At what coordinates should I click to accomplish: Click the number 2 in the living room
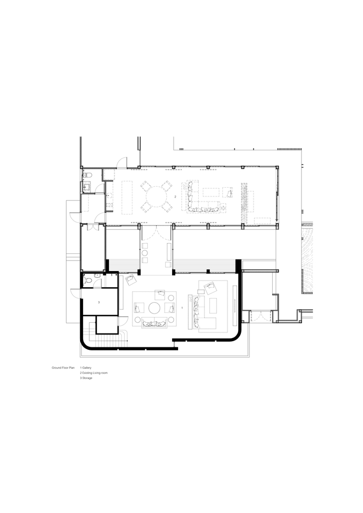click(175, 196)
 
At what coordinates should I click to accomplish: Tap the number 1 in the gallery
click(182, 308)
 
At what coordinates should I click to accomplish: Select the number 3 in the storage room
click(99, 302)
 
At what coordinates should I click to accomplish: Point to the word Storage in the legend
click(87, 378)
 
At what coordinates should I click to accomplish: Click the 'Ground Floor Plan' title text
click(63, 368)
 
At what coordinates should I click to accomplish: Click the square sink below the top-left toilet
click(87, 187)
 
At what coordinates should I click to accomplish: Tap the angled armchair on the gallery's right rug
click(210, 288)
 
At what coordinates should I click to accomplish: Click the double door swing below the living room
click(156, 233)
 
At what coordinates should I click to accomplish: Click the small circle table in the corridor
click(145, 253)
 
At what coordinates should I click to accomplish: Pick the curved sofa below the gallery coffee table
click(154, 324)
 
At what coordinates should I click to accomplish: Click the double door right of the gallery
click(260, 317)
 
